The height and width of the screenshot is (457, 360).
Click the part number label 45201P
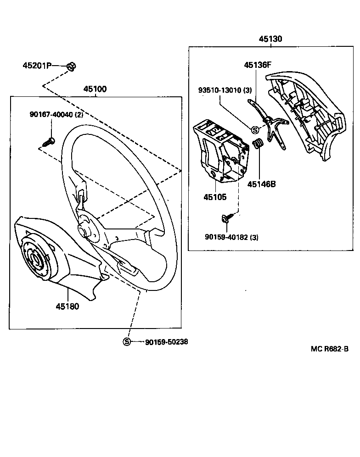pos(37,66)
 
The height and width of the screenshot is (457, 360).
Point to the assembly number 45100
pos(95,89)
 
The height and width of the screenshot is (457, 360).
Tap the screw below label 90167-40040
pos(48,141)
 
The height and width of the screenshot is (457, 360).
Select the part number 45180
pos(67,306)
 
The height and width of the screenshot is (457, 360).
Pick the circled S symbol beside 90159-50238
pos(126,342)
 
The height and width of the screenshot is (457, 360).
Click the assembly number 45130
pos(270,39)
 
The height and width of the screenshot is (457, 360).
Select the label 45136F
pos(258,65)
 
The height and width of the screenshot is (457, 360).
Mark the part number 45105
pos(215,197)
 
